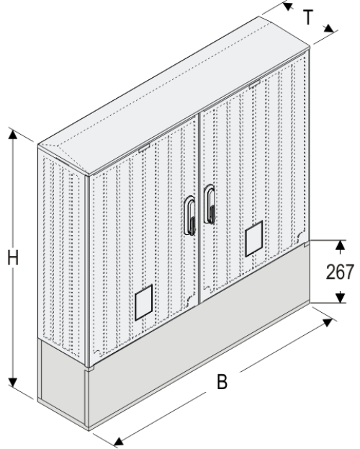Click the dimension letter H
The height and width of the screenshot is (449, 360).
tap(14, 258)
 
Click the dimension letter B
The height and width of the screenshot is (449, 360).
tap(223, 382)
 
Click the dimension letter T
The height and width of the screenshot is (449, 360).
tap(308, 18)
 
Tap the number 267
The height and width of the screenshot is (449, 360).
tap(338, 272)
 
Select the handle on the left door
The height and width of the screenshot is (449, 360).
tap(191, 215)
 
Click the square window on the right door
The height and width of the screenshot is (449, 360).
tap(254, 240)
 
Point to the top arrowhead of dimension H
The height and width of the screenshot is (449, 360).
tap(12, 133)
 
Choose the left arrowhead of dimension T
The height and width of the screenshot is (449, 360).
tap(287, 6)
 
